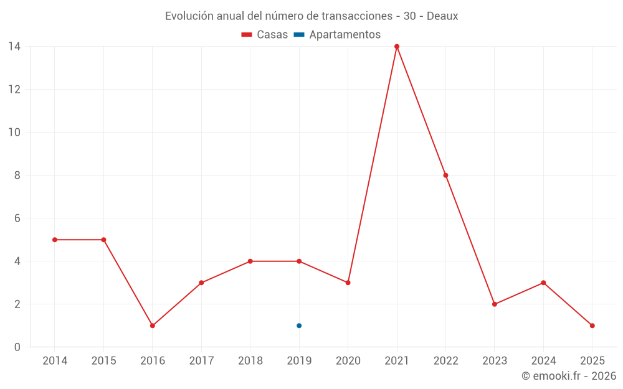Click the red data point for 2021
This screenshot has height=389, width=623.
(397, 46)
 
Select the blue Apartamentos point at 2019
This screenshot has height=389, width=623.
(299, 326)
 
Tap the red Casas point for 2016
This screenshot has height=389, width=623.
(153, 326)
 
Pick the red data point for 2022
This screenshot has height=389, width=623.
(445, 175)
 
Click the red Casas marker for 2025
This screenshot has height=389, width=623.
(592, 326)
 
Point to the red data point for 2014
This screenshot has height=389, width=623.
(55, 240)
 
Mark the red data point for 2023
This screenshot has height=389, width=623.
(495, 304)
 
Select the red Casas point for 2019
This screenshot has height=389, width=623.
(299, 261)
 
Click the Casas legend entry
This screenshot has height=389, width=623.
(272, 35)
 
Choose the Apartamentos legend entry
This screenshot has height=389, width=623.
(345, 35)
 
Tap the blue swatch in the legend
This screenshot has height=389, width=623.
(299, 35)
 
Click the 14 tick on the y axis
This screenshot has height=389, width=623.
(14, 46)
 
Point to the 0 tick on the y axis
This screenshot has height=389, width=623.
(17, 347)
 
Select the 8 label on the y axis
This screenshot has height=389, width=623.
(17, 176)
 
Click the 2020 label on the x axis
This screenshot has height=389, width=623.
(348, 361)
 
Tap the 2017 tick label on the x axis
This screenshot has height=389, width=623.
(201, 361)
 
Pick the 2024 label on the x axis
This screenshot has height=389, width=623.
(543, 361)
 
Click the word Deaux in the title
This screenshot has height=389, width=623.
(442, 16)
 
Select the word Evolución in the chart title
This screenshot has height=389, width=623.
(187, 16)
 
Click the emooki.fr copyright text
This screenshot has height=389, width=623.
(569, 376)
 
